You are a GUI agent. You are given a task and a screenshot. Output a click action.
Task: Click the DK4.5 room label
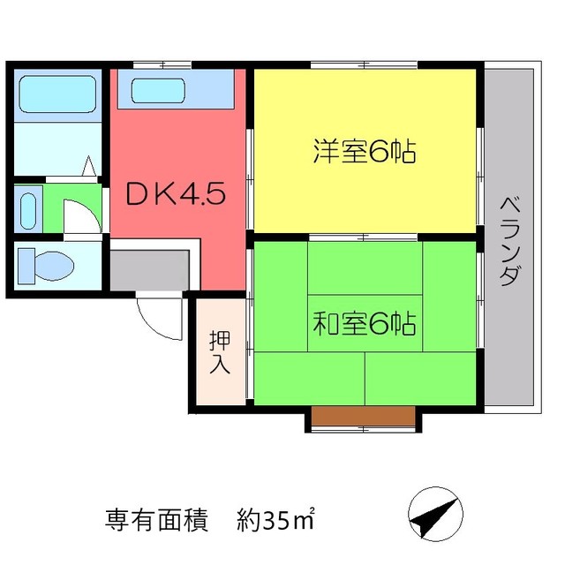pyautogui.click(x=181, y=194)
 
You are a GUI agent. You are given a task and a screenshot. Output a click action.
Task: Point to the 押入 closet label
pyautogui.click(x=220, y=351)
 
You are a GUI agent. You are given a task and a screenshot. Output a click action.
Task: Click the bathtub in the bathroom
pyautogui.click(x=56, y=91)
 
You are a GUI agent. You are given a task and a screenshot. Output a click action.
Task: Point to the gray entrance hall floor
pyautogui.click(x=148, y=268)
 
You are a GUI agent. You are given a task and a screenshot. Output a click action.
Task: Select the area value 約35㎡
pyautogui.click(x=275, y=519)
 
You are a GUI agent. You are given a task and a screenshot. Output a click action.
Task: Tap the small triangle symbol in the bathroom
pyautogui.click(x=89, y=166)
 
